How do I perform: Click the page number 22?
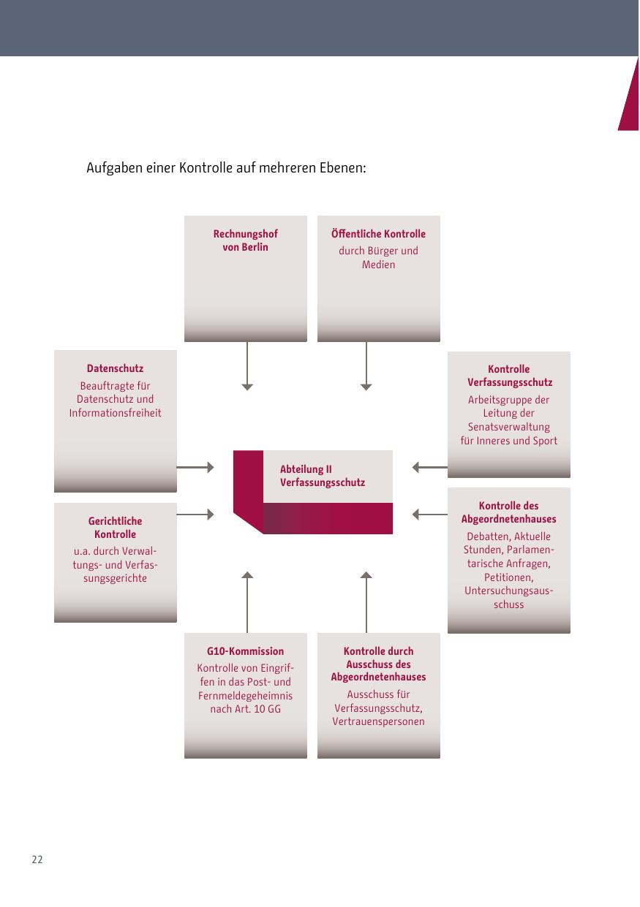(37, 859)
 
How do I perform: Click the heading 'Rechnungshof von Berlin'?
(246, 240)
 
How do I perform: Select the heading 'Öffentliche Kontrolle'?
(378, 234)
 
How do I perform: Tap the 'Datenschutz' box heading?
(115, 368)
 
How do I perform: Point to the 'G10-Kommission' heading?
(245, 651)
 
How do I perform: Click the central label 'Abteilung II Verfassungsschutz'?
(322, 476)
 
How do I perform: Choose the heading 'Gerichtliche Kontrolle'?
(115, 528)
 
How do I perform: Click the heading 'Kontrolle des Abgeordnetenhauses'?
(508, 512)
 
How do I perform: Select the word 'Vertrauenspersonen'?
(378, 721)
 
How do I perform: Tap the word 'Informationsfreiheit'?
(115, 413)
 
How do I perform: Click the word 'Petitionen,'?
(508, 577)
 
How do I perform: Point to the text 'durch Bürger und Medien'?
(378, 257)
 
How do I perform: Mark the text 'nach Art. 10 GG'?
(245, 709)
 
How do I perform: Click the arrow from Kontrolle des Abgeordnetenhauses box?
(429, 515)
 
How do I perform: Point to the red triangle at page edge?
(630, 99)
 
